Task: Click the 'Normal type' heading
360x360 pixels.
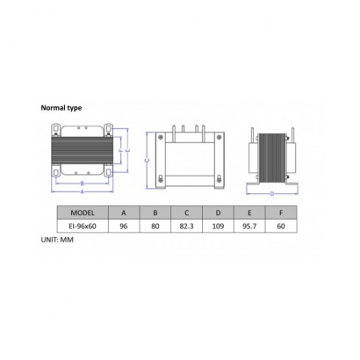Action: (61, 108)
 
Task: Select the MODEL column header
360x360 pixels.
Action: (83, 212)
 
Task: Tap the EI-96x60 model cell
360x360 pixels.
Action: (83, 227)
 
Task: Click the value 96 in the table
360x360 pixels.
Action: (124, 227)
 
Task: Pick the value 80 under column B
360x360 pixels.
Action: (155, 227)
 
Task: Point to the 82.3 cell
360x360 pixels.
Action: (187, 227)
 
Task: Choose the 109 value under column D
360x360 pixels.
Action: (218, 227)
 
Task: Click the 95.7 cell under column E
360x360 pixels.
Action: (249, 227)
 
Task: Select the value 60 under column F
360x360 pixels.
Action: (281, 227)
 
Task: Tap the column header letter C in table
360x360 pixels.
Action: (187, 212)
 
